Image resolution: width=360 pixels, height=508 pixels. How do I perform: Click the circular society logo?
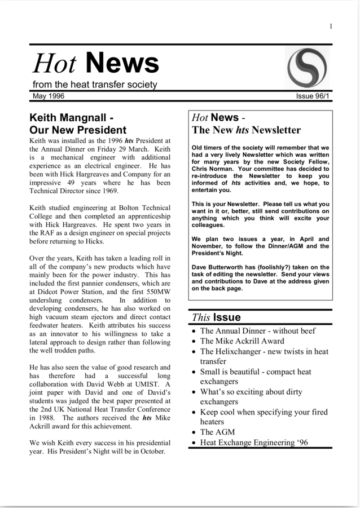pos(308,67)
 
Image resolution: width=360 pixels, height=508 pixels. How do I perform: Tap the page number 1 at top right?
pos(331,26)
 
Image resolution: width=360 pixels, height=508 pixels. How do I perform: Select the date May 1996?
pos(49,96)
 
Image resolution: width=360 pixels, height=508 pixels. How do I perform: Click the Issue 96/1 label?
pos(314,96)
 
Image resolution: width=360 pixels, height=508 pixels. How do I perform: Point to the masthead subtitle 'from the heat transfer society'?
pos(94,85)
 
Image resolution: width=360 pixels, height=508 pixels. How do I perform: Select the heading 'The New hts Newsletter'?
pos(246,130)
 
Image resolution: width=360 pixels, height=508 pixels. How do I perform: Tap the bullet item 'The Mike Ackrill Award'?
pos(242,341)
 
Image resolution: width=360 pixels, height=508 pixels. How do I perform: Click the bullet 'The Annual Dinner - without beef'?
pos(258,331)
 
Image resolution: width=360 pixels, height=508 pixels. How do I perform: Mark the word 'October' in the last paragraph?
pos(148,452)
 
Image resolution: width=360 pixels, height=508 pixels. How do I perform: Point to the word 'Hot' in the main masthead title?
pos(54,64)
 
